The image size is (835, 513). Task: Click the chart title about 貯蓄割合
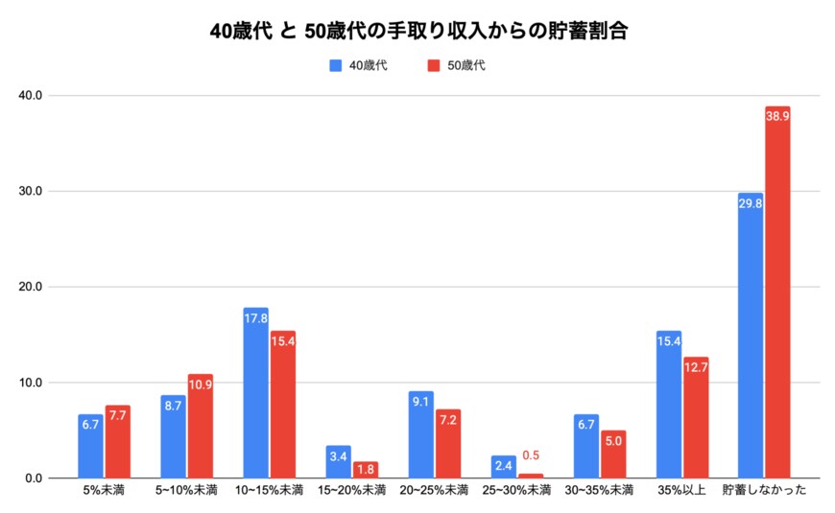tap(417, 31)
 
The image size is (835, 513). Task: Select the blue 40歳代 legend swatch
tap(335, 65)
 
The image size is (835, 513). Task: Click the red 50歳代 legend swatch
tap(432, 65)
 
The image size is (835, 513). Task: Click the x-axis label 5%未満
tap(104, 491)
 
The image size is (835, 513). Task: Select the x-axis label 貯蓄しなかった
tap(764, 491)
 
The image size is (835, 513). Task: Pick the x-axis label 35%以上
tap(681, 491)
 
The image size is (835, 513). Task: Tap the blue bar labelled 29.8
tap(751, 336)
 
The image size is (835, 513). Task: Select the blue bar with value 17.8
tap(256, 393)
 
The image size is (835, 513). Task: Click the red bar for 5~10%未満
tap(200, 426)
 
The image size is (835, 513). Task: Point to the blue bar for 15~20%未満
tap(338, 462)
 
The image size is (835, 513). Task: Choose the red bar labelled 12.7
tap(696, 417)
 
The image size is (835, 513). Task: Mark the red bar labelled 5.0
tap(613, 455)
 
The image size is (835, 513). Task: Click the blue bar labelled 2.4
tap(503, 467)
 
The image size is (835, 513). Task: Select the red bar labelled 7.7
tap(118, 441)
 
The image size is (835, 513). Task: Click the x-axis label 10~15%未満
tap(269, 491)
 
